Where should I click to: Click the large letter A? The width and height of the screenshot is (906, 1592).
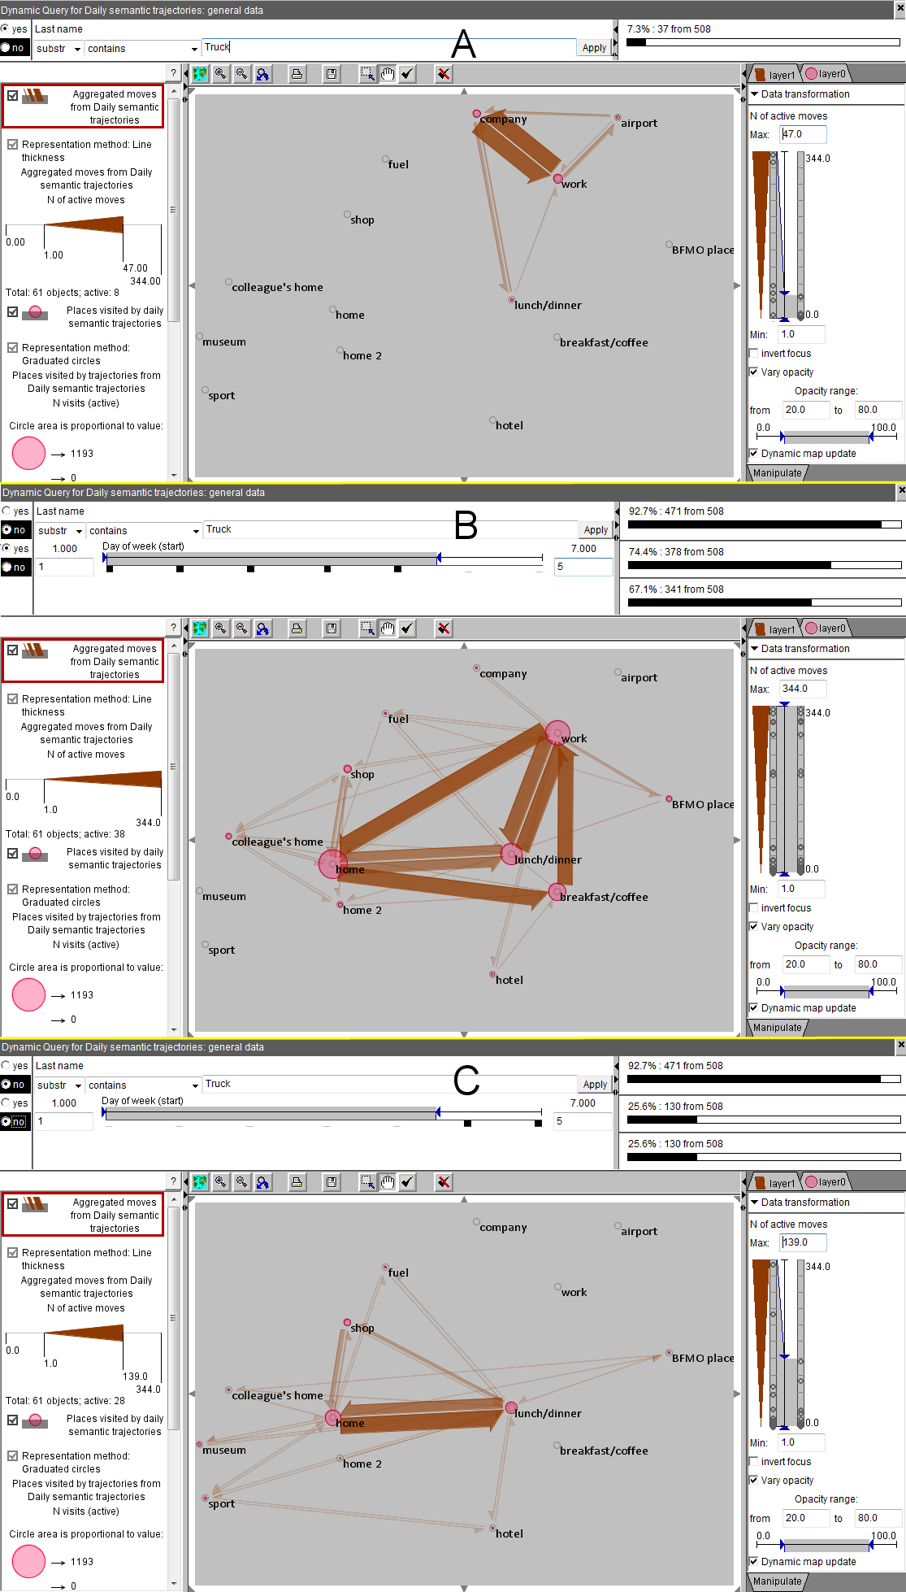(463, 44)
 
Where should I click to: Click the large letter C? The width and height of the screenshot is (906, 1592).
(466, 1081)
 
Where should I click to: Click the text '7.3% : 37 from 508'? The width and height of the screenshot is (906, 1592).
(669, 29)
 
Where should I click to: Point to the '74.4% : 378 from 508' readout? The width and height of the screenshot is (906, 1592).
(676, 552)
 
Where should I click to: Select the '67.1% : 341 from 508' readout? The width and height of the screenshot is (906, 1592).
(676, 589)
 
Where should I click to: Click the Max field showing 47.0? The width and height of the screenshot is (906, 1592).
(804, 134)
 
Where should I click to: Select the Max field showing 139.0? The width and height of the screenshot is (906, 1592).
(804, 1242)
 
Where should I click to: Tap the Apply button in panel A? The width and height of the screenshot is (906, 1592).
(594, 48)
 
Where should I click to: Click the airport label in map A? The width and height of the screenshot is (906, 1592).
(639, 124)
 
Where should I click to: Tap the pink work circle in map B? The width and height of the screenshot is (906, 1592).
(557, 733)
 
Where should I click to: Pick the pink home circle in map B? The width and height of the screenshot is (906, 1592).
(332, 864)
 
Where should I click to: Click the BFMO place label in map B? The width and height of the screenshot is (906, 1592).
(703, 805)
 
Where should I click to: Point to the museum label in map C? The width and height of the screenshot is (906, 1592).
(224, 1450)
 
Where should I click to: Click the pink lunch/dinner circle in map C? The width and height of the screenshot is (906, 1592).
(511, 1407)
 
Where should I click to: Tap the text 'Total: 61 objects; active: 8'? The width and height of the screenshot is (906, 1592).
(63, 293)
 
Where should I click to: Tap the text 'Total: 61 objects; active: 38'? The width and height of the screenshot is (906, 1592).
(65, 834)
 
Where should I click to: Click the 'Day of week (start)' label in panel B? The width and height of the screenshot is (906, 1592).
(143, 546)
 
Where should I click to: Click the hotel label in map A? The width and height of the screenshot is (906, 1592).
(509, 426)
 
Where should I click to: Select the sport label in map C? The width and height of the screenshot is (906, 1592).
(222, 1504)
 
